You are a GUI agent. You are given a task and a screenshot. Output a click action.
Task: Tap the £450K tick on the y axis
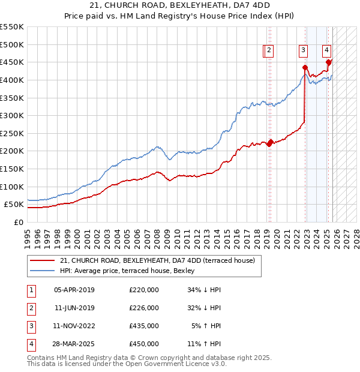click(12, 62)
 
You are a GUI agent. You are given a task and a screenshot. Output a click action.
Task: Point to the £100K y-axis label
click(12, 187)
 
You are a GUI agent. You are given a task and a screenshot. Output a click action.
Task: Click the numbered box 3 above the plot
click(304, 51)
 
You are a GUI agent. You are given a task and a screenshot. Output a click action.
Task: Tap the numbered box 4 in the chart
click(326, 51)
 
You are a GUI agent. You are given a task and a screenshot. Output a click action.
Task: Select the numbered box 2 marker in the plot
click(269, 51)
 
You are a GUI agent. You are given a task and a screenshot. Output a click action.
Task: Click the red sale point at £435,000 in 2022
click(305, 67)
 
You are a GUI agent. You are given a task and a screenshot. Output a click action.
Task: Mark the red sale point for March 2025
click(328, 62)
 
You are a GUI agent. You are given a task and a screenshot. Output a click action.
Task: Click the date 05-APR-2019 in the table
click(74, 290)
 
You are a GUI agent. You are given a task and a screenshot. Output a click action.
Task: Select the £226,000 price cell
click(144, 308)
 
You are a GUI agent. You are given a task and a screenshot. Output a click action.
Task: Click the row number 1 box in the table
click(31, 290)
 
